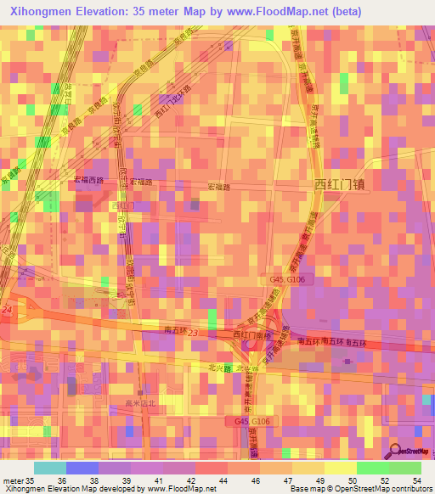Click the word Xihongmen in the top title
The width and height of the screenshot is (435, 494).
(x=41, y=12)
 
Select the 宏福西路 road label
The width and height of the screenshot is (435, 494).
(x=88, y=181)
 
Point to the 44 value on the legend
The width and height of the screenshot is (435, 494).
(x=222, y=480)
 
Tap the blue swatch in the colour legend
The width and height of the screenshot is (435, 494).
(x=82, y=468)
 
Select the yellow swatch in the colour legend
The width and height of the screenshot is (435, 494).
(x=341, y=468)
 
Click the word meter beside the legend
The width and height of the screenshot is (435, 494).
(x=12, y=480)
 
